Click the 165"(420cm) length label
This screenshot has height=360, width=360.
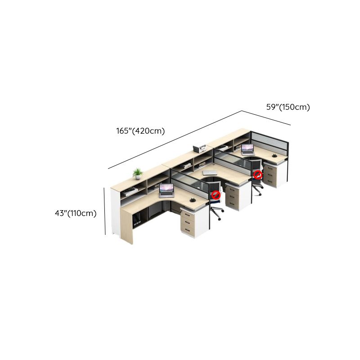[x=140, y=131]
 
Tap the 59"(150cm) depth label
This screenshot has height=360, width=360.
[x=288, y=107]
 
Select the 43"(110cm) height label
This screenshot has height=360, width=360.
[x=76, y=213]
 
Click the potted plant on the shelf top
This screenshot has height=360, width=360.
[x=138, y=174]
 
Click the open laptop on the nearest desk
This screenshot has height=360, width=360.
[x=166, y=190]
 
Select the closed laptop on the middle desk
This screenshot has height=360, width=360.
[x=210, y=172]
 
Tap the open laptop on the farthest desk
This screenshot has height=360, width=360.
[x=247, y=150]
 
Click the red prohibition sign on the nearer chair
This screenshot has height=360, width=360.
[x=216, y=195]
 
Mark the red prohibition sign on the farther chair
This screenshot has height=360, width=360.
[x=257, y=175]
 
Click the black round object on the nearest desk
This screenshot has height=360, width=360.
[x=193, y=200]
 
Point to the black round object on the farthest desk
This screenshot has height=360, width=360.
[x=274, y=156]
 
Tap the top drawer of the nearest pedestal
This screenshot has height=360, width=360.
[x=188, y=215]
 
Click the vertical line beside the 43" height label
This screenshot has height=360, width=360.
[x=105, y=211]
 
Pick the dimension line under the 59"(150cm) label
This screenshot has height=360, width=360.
[x=266, y=118]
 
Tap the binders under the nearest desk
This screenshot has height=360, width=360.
[x=137, y=219]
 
